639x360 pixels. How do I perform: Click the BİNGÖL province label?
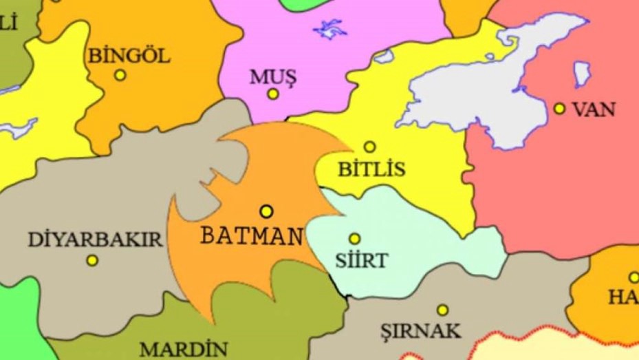tap(129, 55)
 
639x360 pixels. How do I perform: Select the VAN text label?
tap(594, 109)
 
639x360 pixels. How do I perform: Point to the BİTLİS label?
tap(371, 169)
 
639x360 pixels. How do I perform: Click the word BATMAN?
tap(251, 236)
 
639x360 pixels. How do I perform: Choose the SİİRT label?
tap(361, 261)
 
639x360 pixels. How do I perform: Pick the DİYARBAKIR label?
tap(95, 240)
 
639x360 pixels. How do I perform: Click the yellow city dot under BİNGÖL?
tap(120, 75)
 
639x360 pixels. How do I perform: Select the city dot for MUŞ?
tap(273, 94)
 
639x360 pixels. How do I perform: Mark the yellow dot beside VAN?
tap(559, 108)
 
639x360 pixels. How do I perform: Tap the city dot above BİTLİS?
tap(369, 147)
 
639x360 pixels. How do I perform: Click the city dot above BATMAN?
tap(266, 211)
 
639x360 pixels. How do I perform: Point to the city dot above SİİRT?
tap(354, 239)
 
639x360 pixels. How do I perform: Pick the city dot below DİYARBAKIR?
tap(92, 261)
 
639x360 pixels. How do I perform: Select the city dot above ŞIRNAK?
tap(442, 310)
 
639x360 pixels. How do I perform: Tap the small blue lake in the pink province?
tap(330, 29)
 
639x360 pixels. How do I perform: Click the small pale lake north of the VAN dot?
tap(582, 74)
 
